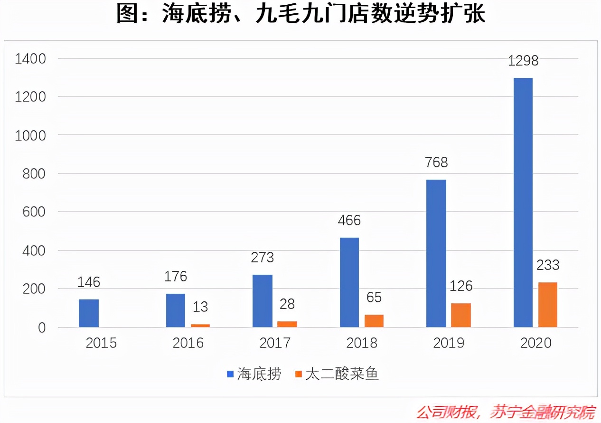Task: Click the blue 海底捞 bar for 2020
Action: click(x=523, y=202)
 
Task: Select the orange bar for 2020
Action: click(x=548, y=305)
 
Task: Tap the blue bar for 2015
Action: click(x=89, y=313)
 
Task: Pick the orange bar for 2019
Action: click(x=461, y=315)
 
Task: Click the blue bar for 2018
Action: click(x=349, y=282)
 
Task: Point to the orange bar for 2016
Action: click(x=200, y=326)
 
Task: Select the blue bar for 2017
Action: click(x=263, y=301)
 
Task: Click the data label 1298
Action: click(x=523, y=61)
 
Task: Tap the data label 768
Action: click(x=436, y=163)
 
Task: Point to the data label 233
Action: click(x=548, y=265)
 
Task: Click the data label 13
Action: click(x=200, y=307)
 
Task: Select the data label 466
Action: click(x=349, y=221)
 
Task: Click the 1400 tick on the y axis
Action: click(x=30, y=59)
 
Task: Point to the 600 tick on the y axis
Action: click(x=34, y=212)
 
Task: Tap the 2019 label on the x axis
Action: click(x=449, y=343)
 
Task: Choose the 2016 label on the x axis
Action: click(x=188, y=343)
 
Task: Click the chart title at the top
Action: click(x=300, y=14)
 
